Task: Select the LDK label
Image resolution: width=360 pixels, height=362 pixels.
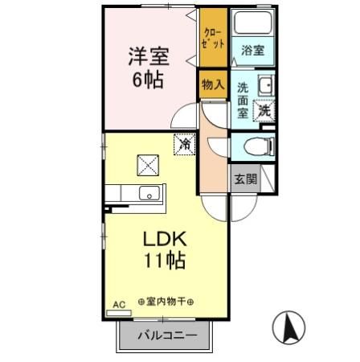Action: point(166,240)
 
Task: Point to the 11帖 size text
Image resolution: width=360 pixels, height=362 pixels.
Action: point(166,261)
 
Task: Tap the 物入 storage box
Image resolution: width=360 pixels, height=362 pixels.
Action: point(213,84)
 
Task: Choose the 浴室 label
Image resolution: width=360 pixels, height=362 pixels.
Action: point(252,50)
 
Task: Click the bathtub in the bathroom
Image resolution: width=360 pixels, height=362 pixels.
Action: point(253,25)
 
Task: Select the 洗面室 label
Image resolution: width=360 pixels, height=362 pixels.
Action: point(243,100)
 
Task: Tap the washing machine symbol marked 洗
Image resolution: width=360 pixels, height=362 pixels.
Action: point(264,112)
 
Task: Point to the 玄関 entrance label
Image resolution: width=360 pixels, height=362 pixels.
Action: point(245,179)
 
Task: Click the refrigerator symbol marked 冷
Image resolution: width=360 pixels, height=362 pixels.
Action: point(185,145)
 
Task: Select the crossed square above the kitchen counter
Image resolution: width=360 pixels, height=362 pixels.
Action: point(149,164)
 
